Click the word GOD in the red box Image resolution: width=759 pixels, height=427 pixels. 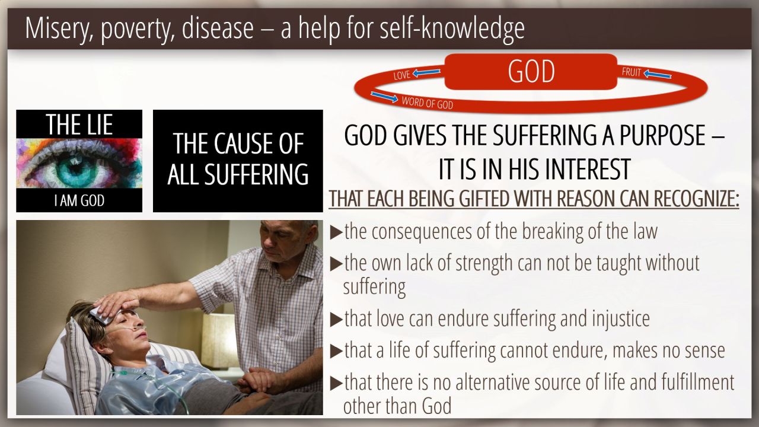[531, 71]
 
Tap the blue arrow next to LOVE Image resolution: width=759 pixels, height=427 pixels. [426, 72]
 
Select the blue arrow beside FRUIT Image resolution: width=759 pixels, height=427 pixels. [658, 74]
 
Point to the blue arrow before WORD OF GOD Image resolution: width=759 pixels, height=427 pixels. [384, 97]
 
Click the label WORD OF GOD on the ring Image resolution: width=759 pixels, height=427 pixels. [428, 103]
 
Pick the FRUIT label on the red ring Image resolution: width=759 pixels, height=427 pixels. [632, 72]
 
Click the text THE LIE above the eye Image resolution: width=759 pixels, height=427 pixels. [79, 125]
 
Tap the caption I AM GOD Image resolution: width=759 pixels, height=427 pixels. [79, 200]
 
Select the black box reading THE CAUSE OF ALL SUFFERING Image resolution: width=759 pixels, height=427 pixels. [238, 161]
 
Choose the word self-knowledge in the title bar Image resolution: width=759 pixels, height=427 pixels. [452, 28]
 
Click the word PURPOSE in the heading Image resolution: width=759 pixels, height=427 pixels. [662, 135]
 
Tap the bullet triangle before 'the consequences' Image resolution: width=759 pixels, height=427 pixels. [336, 232]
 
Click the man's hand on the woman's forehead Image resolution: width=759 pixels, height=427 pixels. [117, 303]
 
